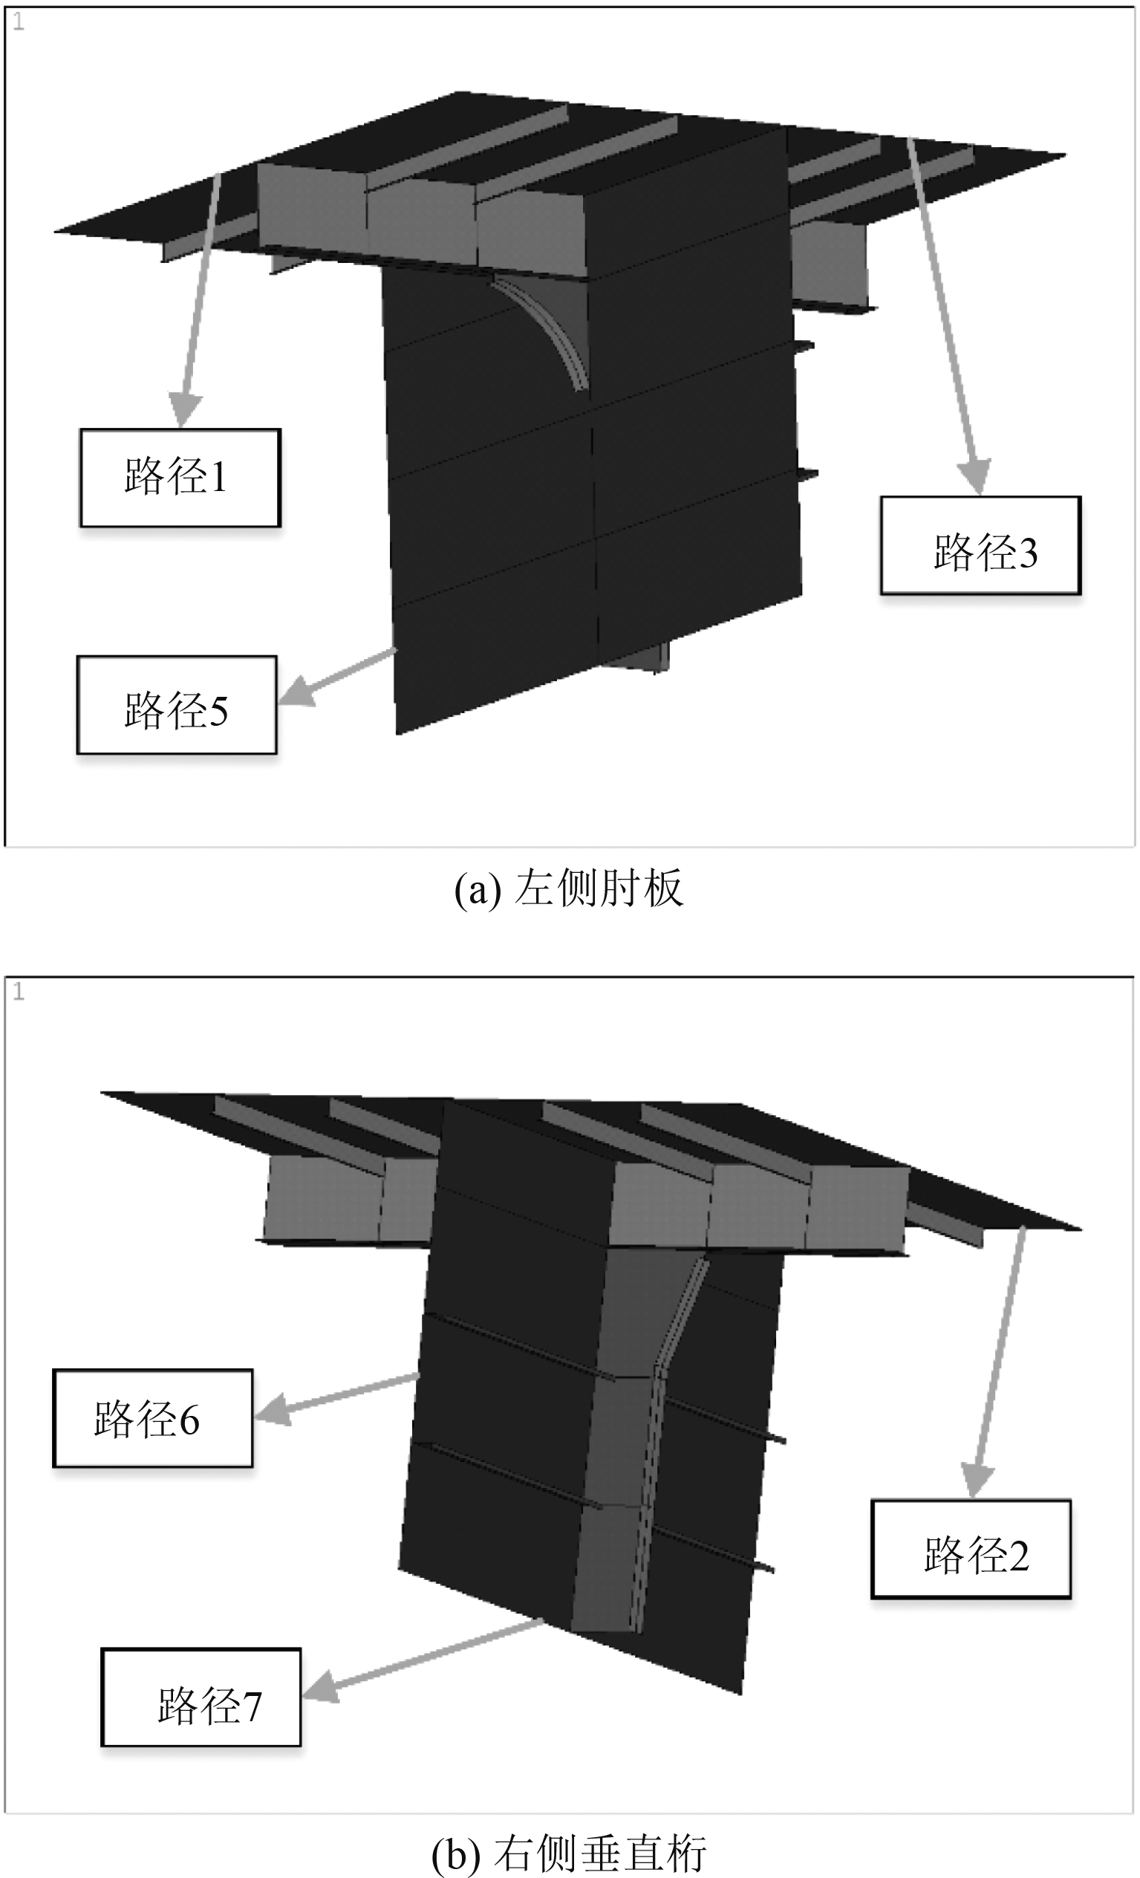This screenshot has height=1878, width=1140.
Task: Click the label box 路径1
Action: (180, 478)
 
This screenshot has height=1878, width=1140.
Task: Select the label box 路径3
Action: (981, 545)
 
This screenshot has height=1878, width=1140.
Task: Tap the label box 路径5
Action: (176, 705)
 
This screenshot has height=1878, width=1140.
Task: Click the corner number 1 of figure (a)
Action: (19, 22)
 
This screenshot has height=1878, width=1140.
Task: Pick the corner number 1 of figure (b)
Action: (19, 992)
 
